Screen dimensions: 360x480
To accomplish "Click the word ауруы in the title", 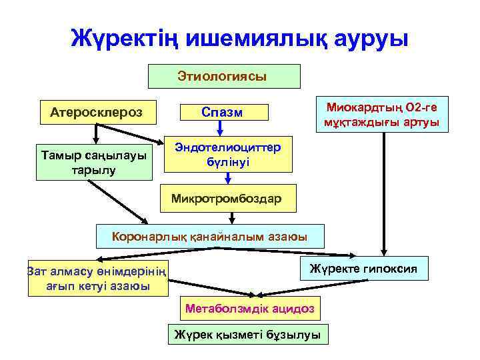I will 366,38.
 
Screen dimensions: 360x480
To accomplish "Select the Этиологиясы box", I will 223,76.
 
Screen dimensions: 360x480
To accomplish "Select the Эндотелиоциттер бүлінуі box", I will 228,154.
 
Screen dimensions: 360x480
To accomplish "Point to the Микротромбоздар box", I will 227,198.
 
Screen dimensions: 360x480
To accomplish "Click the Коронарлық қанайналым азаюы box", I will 210,236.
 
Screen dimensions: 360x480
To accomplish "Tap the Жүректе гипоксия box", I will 363,269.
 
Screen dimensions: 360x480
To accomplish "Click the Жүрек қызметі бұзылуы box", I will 247,335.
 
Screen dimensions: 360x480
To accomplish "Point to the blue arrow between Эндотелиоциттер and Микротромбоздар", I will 228,179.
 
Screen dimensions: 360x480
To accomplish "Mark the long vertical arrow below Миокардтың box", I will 383,193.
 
